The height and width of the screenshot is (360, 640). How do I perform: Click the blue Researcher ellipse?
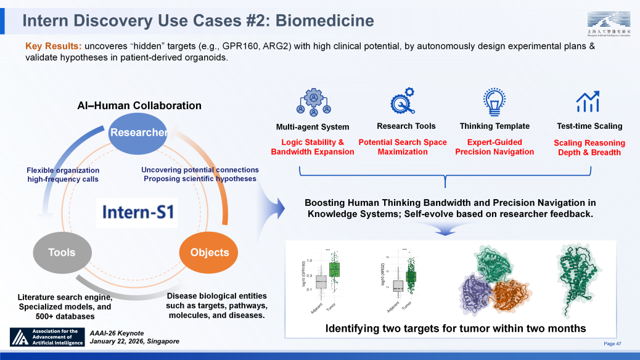[138, 132]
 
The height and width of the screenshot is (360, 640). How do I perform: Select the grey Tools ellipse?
[62, 252]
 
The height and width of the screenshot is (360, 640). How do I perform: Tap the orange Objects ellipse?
[210, 252]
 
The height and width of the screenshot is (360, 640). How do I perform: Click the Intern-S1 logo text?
[139, 213]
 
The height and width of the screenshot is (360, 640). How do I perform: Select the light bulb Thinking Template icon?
[494, 102]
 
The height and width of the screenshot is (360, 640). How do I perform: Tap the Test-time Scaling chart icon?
[588, 102]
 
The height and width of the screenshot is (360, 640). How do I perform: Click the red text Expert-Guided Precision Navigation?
[494, 147]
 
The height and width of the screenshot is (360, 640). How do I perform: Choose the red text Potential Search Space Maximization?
[403, 147]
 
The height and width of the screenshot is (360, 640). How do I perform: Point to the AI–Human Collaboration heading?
[139, 105]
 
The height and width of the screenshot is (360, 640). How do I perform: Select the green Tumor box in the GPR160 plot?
[334, 269]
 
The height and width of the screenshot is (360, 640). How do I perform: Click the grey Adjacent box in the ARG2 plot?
[398, 285]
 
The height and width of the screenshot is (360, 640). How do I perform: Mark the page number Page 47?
[612, 343]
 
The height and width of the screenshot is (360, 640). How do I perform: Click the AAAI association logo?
[47, 337]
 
